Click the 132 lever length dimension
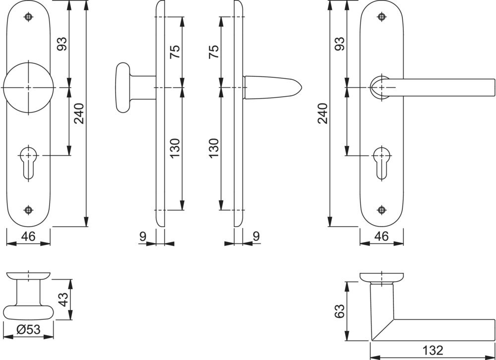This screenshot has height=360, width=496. pos(433,351)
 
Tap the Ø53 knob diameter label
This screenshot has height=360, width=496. pos(28,330)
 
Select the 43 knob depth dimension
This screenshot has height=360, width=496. pos(63,300)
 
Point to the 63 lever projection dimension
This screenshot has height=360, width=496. pos(339,311)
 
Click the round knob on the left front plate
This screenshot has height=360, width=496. pos(28,87)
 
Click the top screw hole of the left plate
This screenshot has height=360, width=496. pos(28,17)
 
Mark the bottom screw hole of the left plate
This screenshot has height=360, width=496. pos(28,209)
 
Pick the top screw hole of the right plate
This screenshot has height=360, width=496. pos(382,17)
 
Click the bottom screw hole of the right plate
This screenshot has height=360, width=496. pos(382,209)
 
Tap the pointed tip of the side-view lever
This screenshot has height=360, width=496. pos(302,87)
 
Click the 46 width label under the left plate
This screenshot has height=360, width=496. pos(28,236)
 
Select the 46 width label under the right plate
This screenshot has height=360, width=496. pos(382,236)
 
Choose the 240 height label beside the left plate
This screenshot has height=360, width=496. pos(79,113)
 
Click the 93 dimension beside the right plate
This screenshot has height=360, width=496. pos(339,44)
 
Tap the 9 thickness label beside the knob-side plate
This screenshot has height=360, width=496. pos(143,236)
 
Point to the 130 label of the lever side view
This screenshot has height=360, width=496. pos(214,148)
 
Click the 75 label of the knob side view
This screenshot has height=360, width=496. pos(175,51)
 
